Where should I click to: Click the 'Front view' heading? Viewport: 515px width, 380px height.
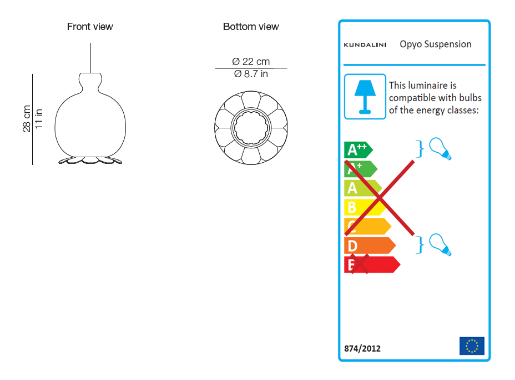click(90, 27)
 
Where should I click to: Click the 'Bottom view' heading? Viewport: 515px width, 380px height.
click(251, 27)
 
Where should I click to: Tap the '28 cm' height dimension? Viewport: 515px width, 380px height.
click(27, 119)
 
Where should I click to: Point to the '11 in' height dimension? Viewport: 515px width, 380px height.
click(39, 119)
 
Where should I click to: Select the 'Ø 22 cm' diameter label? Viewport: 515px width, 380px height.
click(251, 62)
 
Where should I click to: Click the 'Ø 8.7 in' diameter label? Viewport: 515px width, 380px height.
click(251, 74)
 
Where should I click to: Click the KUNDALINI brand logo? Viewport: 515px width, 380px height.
click(366, 45)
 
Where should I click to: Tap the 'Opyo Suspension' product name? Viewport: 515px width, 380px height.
click(436, 44)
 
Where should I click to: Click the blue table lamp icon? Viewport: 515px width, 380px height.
click(365, 96)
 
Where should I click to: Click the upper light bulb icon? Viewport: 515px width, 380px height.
click(441, 148)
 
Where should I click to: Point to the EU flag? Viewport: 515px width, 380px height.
click(472, 346)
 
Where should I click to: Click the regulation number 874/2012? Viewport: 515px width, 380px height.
click(362, 349)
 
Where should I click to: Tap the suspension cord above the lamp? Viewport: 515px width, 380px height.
click(90, 56)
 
